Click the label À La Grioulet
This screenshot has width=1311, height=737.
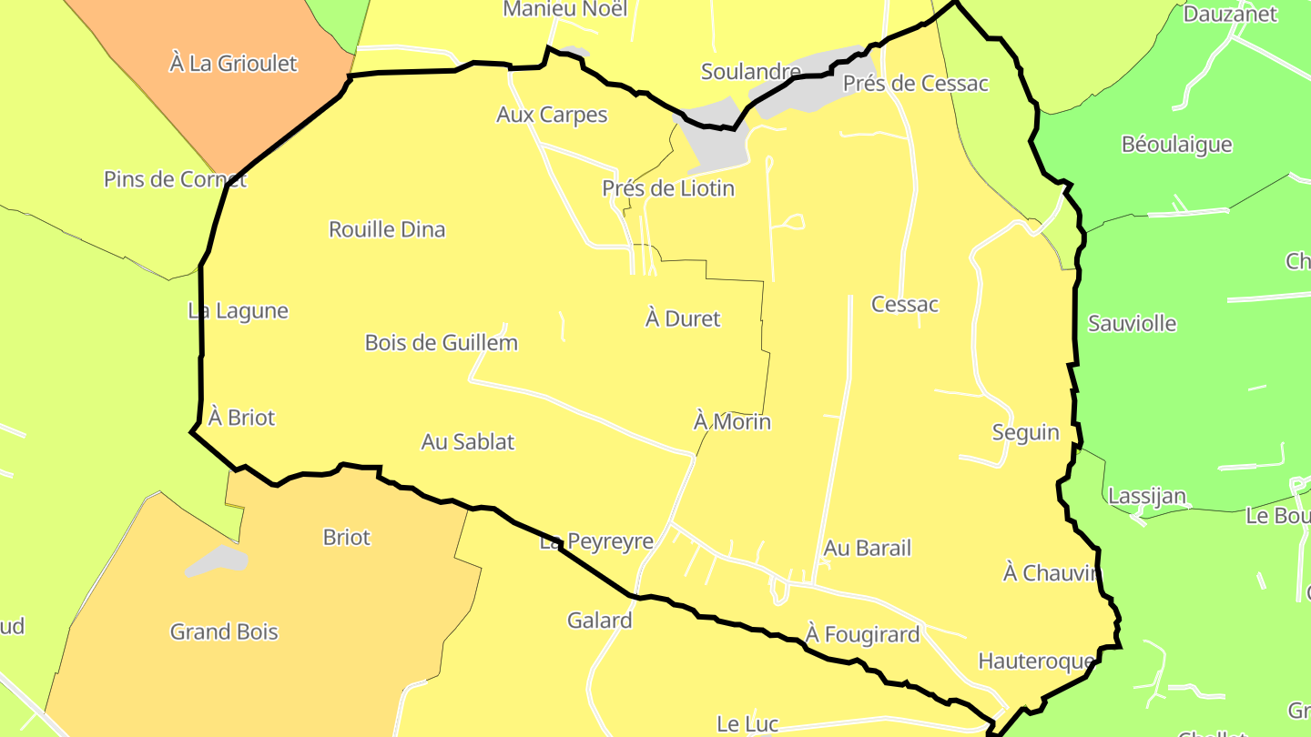point(233,64)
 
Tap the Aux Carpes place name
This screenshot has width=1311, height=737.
point(552,115)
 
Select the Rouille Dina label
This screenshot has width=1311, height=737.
point(387,229)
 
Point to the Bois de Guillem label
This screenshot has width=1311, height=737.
point(441,343)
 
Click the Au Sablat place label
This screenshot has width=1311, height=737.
point(467,442)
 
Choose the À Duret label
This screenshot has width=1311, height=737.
point(683,319)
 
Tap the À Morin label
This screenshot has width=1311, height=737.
point(732,422)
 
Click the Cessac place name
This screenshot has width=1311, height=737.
point(904,305)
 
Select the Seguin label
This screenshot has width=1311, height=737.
point(1025,433)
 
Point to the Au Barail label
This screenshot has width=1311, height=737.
point(867,549)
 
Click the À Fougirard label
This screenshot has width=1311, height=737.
point(862,634)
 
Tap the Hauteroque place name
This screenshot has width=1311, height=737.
point(1035,661)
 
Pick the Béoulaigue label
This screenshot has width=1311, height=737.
point(1176,145)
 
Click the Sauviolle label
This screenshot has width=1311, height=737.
point(1132,324)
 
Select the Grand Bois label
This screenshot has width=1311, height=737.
point(224,631)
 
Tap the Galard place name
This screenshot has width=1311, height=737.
point(599,621)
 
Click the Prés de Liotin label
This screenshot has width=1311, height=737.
point(667,189)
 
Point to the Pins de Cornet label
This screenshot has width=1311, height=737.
point(175,179)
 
